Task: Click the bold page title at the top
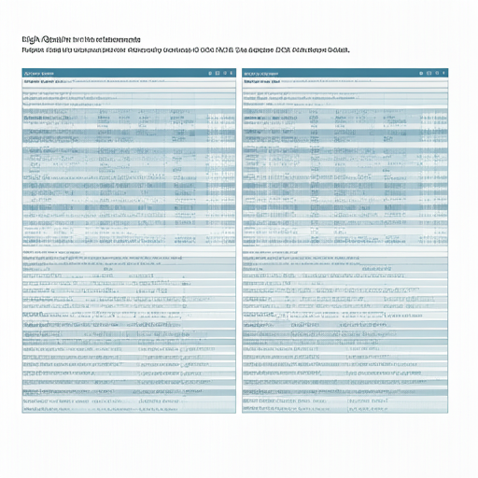coord(80,40)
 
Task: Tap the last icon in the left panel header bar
coord(232,72)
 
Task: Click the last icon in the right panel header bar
coord(452,72)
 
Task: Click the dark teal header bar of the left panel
coord(121,72)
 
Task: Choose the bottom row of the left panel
coord(129,408)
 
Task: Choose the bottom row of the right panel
coord(349,408)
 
